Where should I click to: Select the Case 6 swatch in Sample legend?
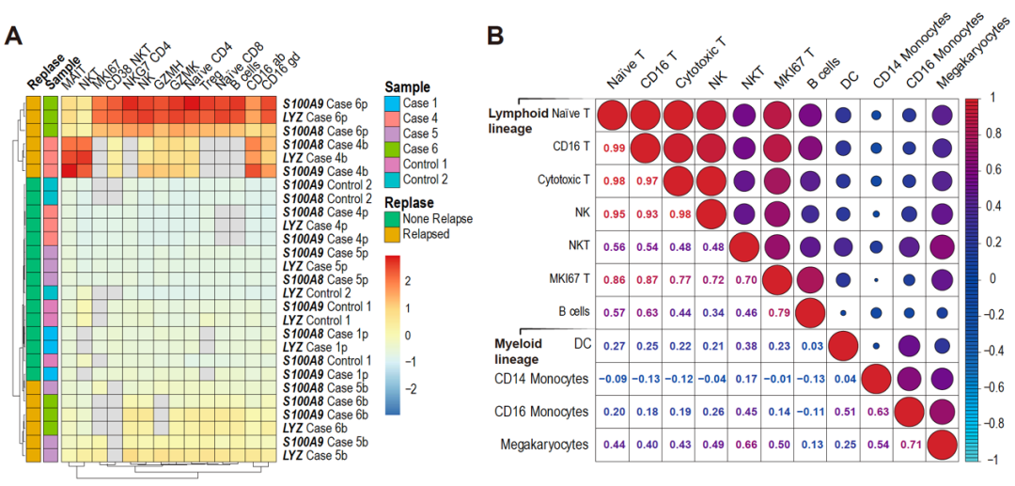click(x=392, y=149)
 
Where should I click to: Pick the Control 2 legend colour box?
click(x=392, y=179)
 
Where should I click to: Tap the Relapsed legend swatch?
click(x=392, y=233)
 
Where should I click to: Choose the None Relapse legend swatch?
click(x=392, y=219)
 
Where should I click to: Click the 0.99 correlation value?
click(x=615, y=149)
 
